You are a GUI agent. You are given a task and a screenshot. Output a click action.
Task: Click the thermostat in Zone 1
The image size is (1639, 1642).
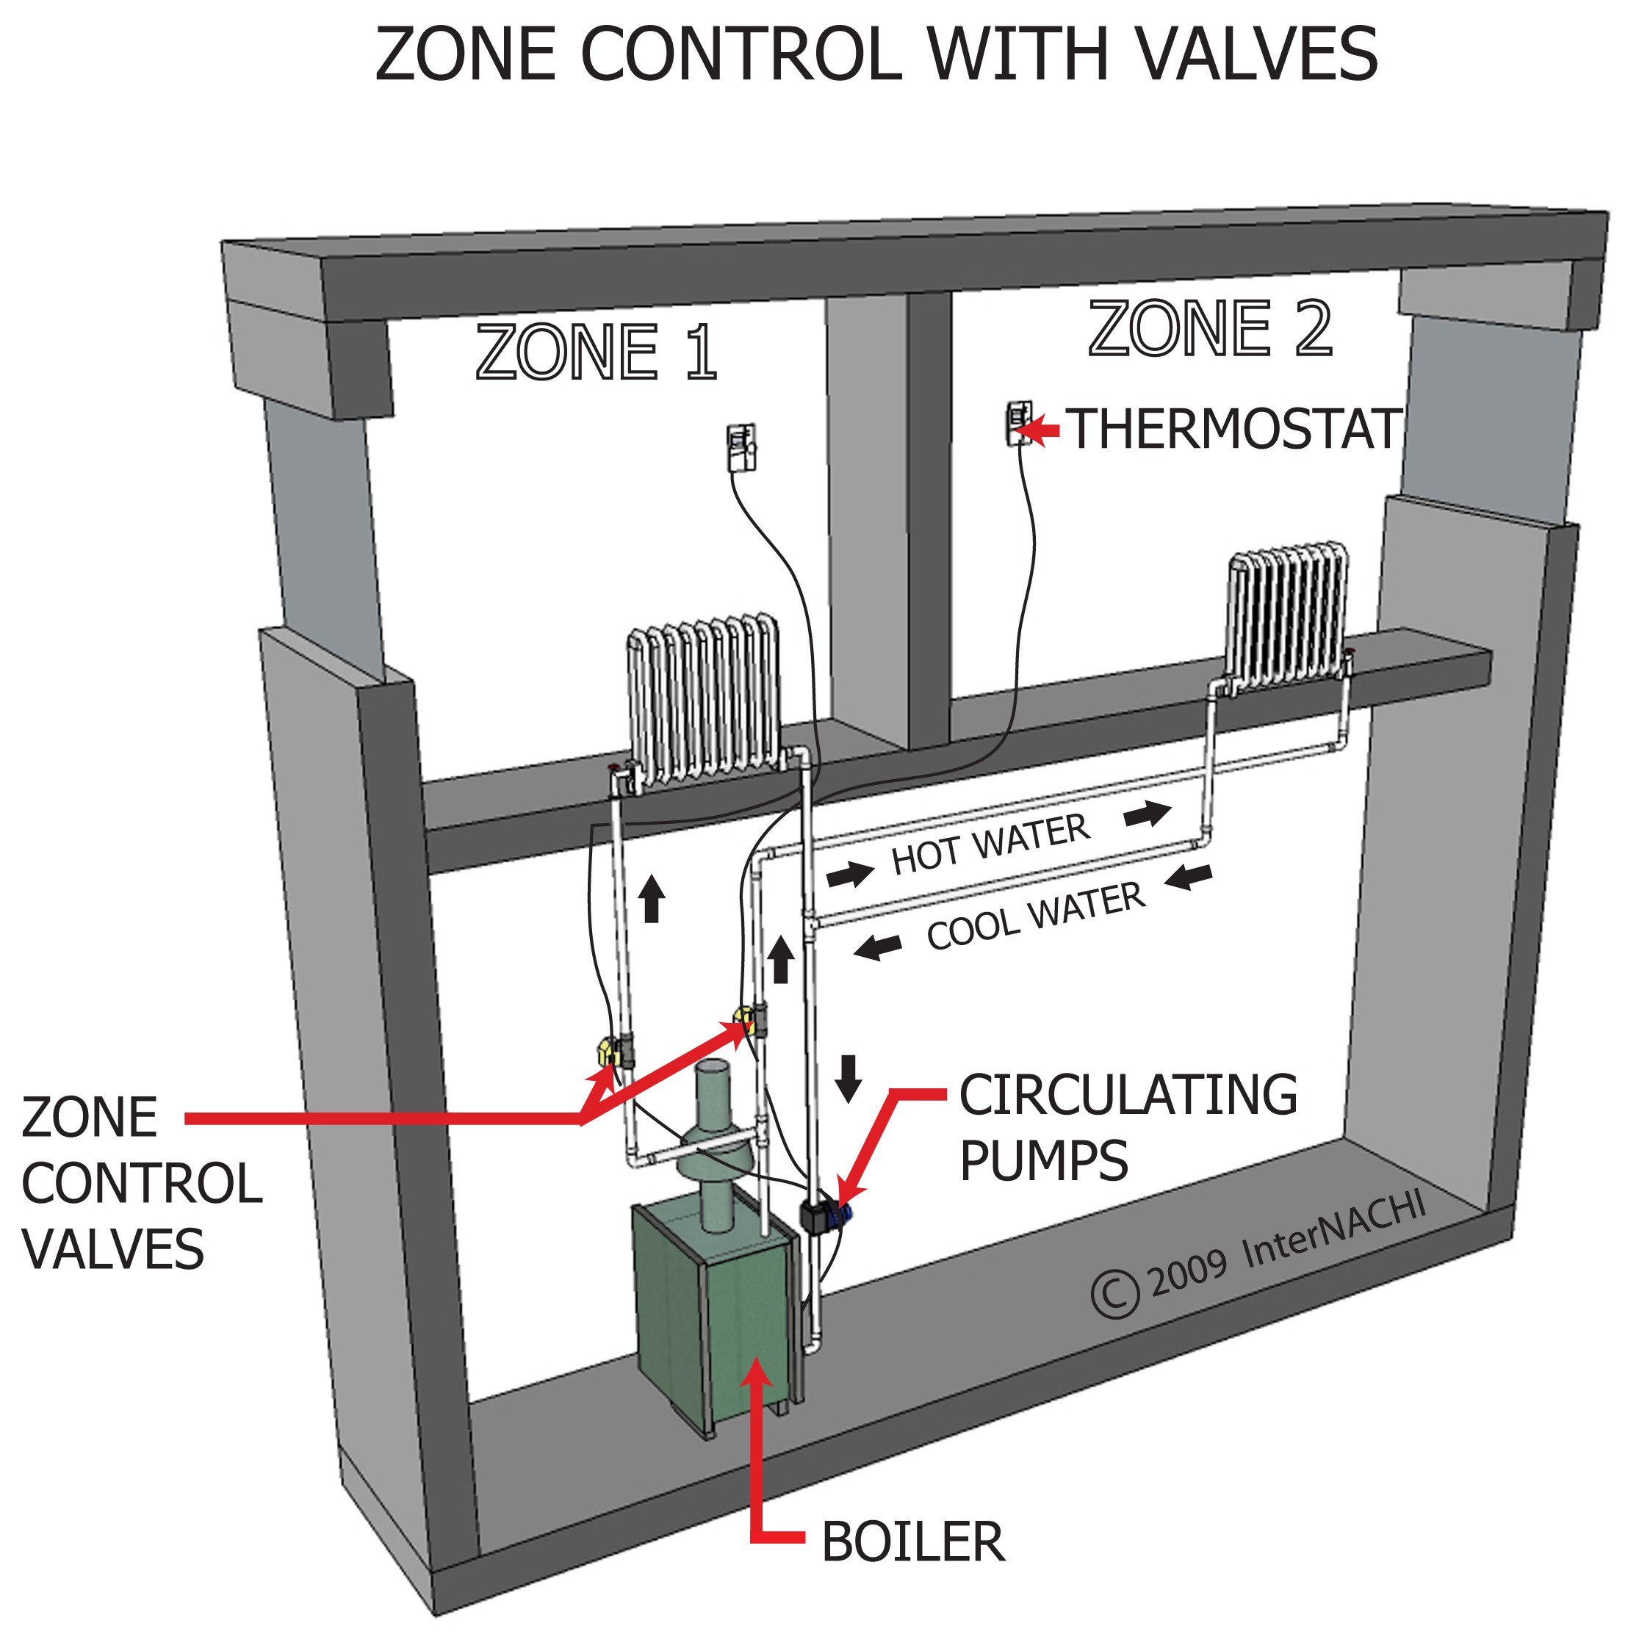pyautogui.click(x=741, y=447)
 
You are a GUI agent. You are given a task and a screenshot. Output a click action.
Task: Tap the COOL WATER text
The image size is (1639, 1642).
pyautogui.click(x=1035, y=916)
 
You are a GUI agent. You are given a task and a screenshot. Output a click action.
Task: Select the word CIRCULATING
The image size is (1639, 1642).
pyautogui.click(x=1128, y=1096)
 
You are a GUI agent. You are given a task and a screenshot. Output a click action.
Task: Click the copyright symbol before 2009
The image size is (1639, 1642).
pyautogui.click(x=1114, y=1293)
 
